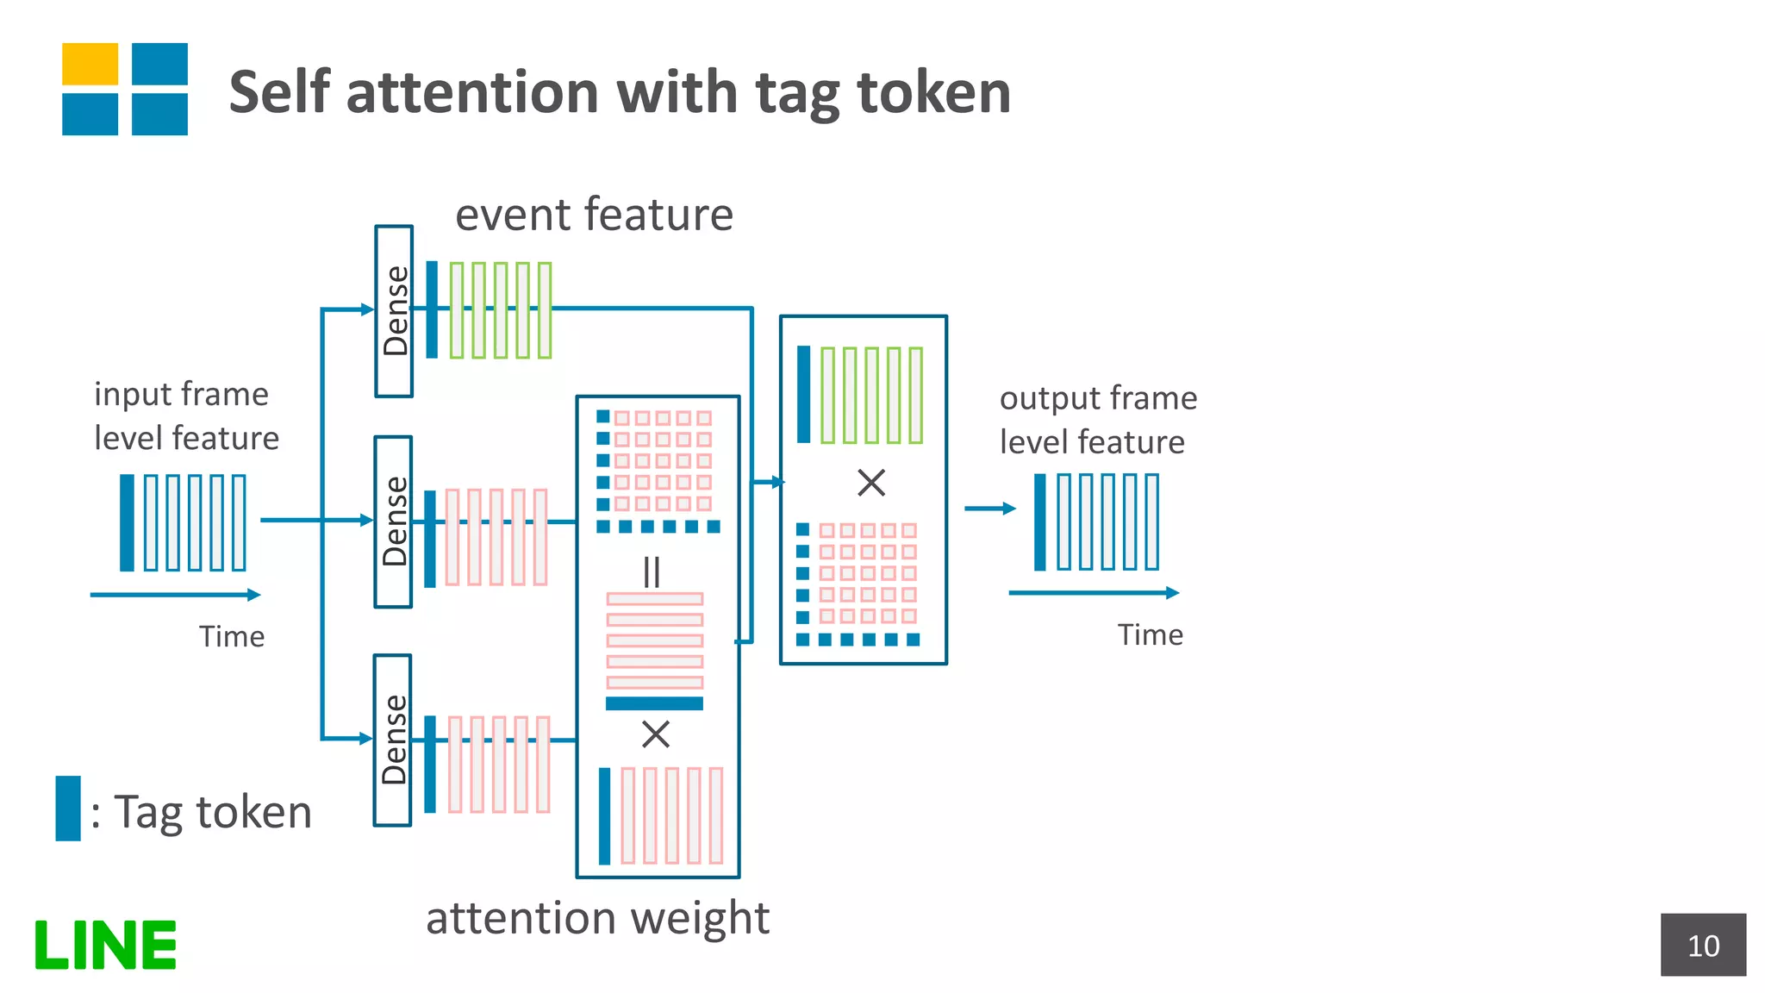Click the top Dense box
(394, 311)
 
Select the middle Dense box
(393, 521)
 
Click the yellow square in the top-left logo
(90, 64)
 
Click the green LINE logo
(105, 945)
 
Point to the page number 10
(1703, 946)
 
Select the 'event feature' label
(594, 214)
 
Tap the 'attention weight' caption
(597, 917)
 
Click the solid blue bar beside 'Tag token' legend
(68, 809)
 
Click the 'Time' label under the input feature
(232, 636)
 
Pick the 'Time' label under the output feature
(1150, 634)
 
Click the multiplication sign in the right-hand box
(871, 483)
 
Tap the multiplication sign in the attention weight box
(656, 735)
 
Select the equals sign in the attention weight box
(652, 572)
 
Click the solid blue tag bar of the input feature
(127, 522)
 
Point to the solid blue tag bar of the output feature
(1040, 522)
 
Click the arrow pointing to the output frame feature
(989, 509)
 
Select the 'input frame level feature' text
(186, 415)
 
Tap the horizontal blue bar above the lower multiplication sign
(654, 703)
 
